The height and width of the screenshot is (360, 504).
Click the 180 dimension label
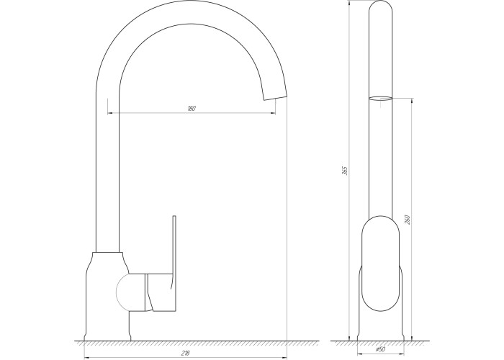coord(192,108)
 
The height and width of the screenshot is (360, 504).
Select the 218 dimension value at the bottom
coord(186,353)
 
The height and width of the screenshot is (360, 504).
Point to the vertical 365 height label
coord(345,171)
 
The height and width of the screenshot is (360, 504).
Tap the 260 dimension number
coord(408,219)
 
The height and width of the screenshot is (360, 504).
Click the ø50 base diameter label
coord(380,349)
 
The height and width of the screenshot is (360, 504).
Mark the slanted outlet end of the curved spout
coord(275,97)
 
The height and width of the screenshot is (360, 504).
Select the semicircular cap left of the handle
coord(123,291)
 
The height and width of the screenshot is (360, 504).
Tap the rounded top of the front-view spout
coord(380,8)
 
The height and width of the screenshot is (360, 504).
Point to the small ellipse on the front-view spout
coord(380,98)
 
